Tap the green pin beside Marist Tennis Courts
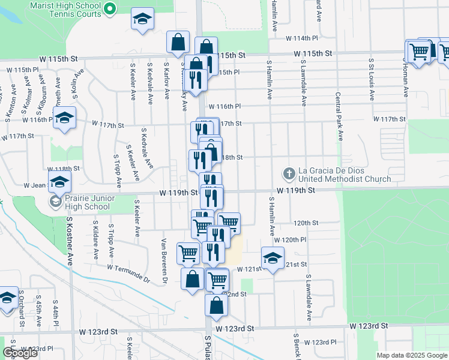(110, 8)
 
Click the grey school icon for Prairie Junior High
(55, 202)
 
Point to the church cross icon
(289, 174)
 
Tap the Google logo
(20, 353)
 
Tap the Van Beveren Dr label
(163, 259)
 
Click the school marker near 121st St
(273, 258)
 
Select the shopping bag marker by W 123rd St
(216, 305)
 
